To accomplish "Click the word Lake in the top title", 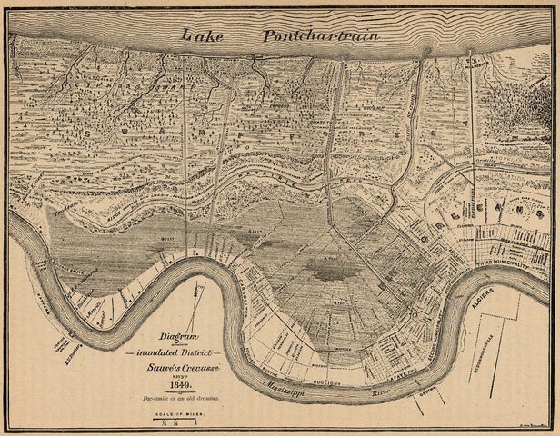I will coord(203,35).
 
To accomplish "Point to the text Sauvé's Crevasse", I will coord(178,366).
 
